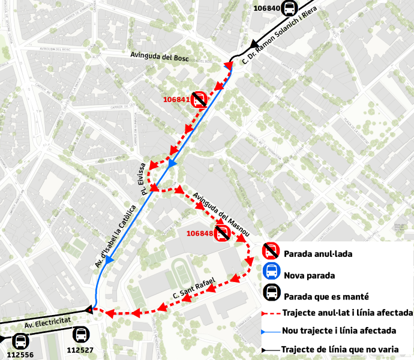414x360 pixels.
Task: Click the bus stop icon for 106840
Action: point(290,9)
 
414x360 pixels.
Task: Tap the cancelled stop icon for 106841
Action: point(199,100)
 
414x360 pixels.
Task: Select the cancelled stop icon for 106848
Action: point(223,233)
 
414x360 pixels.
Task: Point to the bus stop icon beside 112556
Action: point(20,341)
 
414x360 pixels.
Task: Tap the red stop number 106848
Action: point(200,233)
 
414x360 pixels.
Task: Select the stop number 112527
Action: point(80,350)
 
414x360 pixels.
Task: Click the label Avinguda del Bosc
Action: point(160,56)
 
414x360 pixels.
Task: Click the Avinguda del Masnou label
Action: point(221,213)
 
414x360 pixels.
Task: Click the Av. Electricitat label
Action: point(48,323)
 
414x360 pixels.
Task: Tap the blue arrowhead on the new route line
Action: point(173,163)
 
